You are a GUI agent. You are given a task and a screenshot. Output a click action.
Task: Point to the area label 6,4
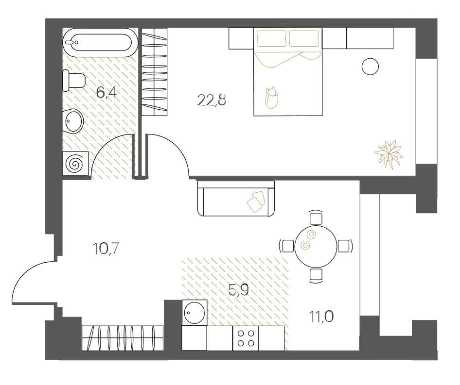point(106,92)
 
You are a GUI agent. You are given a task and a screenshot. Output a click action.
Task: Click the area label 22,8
point(212,101)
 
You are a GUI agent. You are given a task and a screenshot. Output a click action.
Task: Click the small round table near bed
point(370,66)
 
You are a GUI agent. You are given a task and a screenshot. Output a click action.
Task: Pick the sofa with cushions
point(236,199)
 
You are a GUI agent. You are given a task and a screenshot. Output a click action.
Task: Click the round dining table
point(316,246)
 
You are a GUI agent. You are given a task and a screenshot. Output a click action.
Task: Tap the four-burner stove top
point(246,338)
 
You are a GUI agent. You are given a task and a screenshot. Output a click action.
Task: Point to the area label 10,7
point(106,249)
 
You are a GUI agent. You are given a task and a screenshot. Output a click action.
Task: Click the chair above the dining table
point(316,217)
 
